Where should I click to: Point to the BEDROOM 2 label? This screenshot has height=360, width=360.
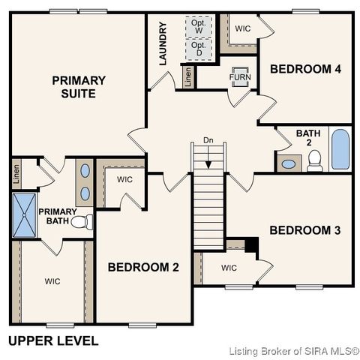click(143, 266)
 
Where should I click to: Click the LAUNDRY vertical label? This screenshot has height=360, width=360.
click(163, 43)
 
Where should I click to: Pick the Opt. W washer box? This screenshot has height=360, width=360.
click(198, 26)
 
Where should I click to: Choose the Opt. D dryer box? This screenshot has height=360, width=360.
click(198, 49)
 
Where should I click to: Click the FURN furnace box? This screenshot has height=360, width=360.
click(240, 76)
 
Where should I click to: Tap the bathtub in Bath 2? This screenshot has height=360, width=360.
click(340, 149)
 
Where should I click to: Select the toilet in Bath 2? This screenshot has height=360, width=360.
click(314, 160)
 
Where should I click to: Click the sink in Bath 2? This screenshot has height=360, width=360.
click(288, 163)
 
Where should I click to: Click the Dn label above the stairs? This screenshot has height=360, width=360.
click(208, 140)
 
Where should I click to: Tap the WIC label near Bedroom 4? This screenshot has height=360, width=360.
click(243, 28)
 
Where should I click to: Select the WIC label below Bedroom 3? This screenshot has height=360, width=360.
click(229, 268)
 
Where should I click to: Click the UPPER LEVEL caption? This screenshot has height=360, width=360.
click(53, 340)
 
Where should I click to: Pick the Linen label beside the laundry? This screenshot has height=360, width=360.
click(187, 76)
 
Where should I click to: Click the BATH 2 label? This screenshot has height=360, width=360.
click(307, 138)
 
